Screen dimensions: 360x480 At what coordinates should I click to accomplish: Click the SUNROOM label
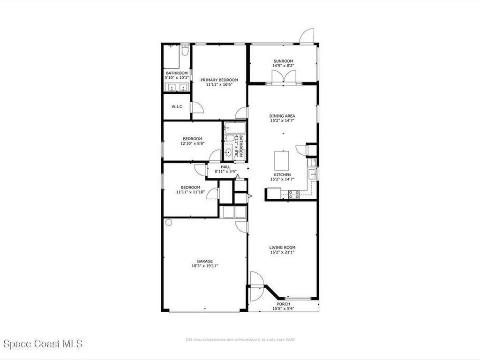tap(283, 61)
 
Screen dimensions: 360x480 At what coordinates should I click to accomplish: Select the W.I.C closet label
tap(177, 107)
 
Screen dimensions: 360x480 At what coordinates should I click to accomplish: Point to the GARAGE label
tap(205, 261)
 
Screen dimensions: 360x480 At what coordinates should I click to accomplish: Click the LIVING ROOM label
tap(282, 247)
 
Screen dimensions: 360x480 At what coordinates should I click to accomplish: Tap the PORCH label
tap(284, 304)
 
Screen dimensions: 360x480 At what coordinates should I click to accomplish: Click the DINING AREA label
tap(282, 115)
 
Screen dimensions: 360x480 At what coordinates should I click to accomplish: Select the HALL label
tap(225, 166)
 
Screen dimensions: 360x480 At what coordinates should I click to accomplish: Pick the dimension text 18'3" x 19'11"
tap(205, 266)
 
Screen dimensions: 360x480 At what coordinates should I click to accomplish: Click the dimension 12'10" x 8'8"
tap(192, 143)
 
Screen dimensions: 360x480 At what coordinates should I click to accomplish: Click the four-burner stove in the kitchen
tap(294, 195)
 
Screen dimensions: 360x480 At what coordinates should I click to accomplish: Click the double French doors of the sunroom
tap(284, 78)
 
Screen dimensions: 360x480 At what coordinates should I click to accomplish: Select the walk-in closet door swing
tap(197, 107)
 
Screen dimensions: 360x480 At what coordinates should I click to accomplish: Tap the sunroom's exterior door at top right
tap(307, 37)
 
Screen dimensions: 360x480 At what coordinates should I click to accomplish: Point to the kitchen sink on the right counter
tap(313, 174)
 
